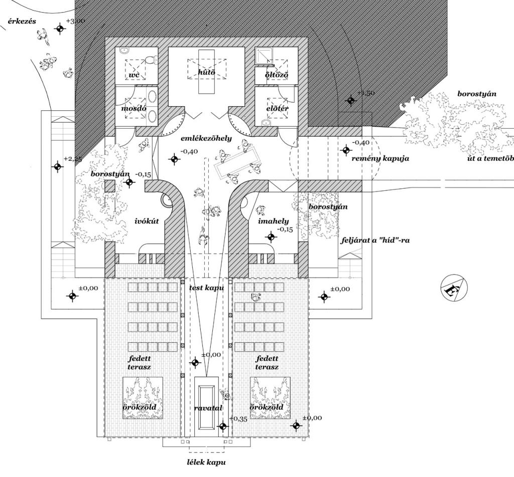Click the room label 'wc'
click(x=134, y=75)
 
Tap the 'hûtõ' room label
click(x=206, y=73)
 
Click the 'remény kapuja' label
click(x=380, y=158)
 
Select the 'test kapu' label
click(x=206, y=289)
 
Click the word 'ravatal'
click(x=208, y=408)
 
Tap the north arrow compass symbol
click(x=450, y=289)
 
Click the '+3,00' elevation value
click(x=75, y=21)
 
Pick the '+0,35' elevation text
click(x=238, y=419)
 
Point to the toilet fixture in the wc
click(x=150, y=60)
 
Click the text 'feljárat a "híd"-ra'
click(x=375, y=240)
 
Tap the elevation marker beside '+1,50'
click(x=351, y=100)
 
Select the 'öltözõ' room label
click(x=276, y=75)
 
